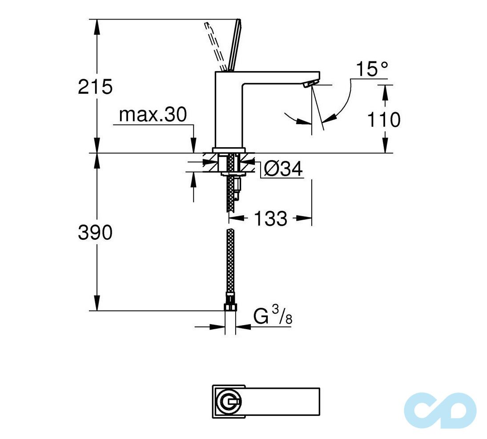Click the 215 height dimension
click(x=95, y=87)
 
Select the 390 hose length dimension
click(x=95, y=232)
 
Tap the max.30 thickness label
click(x=153, y=115)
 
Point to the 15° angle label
click(x=371, y=70)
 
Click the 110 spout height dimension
click(x=384, y=120)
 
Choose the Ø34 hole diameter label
click(x=283, y=169)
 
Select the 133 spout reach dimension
click(x=270, y=218)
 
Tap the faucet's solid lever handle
click(x=234, y=44)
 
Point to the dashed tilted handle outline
click(x=216, y=44)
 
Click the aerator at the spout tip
click(x=310, y=84)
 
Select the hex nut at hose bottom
click(x=230, y=306)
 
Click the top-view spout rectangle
click(x=280, y=401)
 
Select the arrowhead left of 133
click(x=236, y=218)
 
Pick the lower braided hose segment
click(x=230, y=262)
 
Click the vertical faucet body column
click(x=228, y=111)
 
